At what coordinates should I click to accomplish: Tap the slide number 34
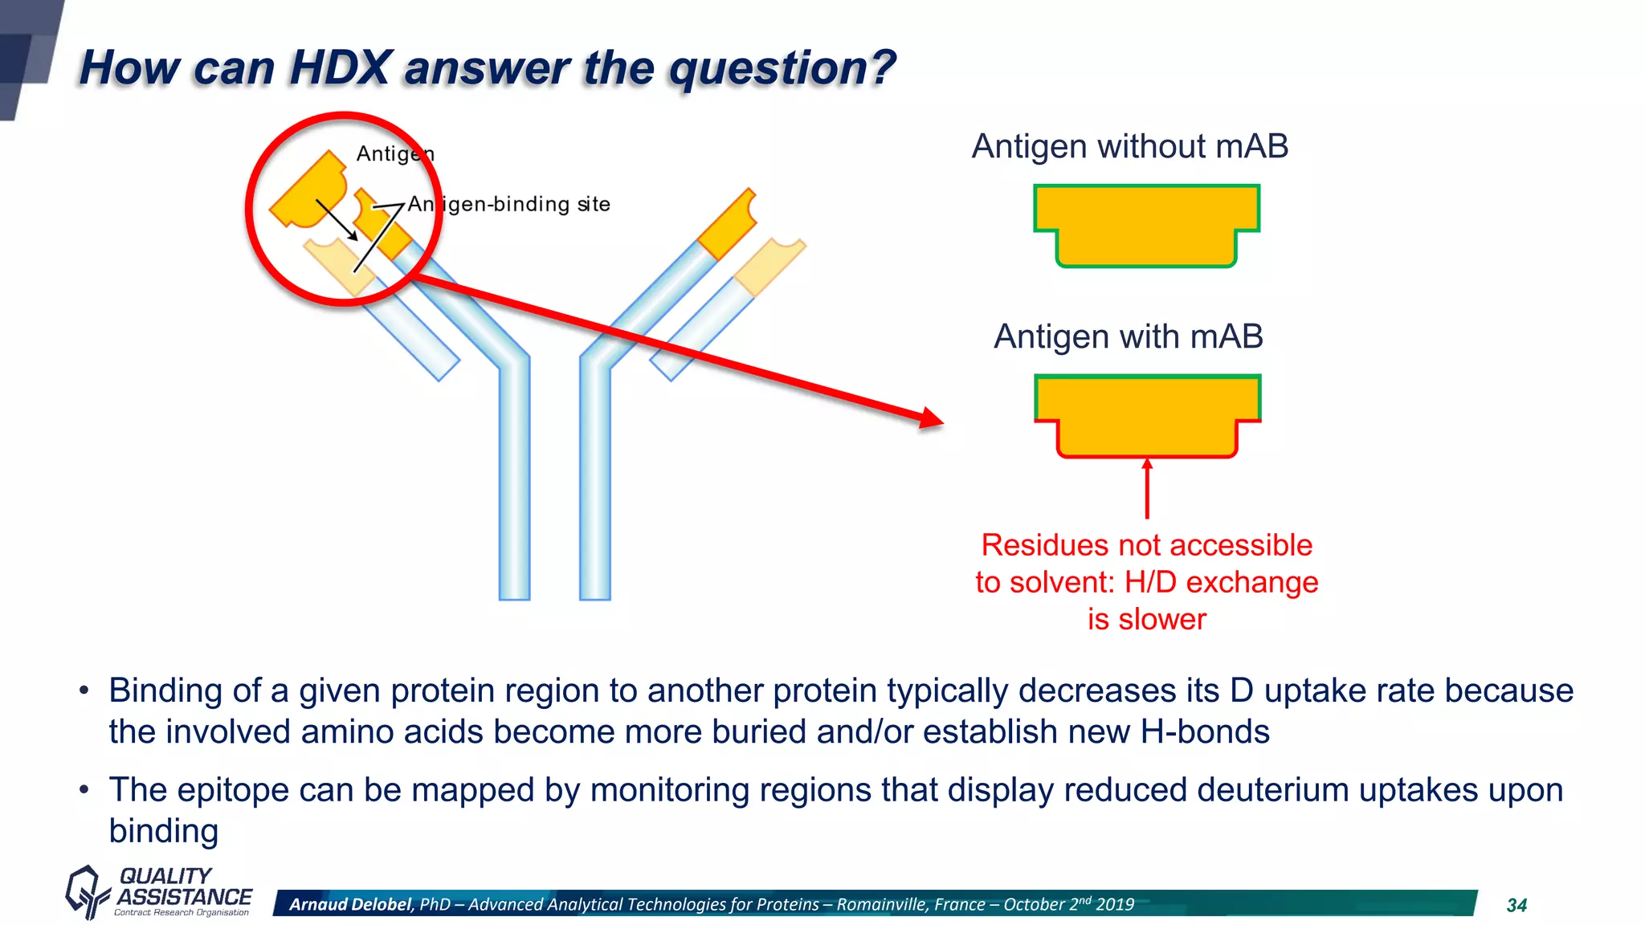point(1516,905)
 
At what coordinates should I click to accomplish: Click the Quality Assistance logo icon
point(85,891)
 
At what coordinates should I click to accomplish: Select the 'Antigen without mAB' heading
point(1129,147)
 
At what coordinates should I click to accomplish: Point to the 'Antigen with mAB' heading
point(1128,336)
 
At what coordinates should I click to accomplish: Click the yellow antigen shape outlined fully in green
point(1146,223)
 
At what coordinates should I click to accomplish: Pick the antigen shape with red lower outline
point(1147,414)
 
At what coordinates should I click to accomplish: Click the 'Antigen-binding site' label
point(508,204)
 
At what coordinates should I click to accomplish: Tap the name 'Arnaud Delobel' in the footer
point(350,904)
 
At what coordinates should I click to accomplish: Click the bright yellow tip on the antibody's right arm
point(727,224)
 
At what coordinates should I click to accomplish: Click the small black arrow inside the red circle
point(337,220)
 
